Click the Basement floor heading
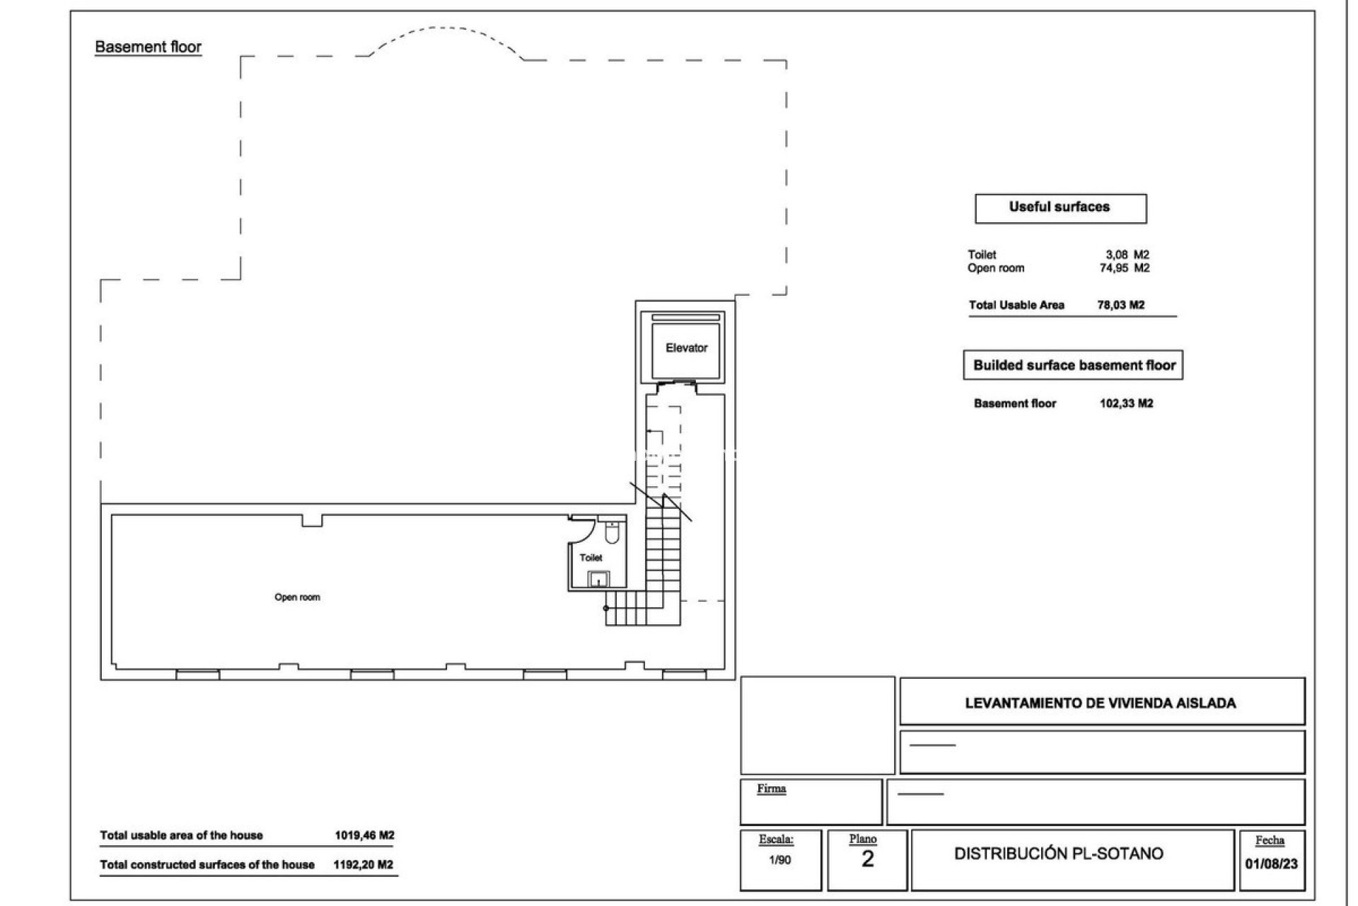[148, 47]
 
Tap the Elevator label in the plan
[686, 348]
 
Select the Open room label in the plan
[297, 597]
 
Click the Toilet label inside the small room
[591, 558]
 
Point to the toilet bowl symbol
[613, 532]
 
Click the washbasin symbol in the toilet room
[599, 579]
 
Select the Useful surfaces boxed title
[1060, 207]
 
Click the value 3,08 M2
[1127, 255]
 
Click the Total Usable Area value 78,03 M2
[1120, 305]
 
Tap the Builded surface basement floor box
[1073, 366]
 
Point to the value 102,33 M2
[1126, 403]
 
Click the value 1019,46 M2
[364, 835]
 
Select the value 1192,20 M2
[364, 864]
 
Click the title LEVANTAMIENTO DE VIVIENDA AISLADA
[1101, 704]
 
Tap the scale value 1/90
[779, 860]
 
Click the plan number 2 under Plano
[867, 859]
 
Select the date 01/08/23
[1271, 864]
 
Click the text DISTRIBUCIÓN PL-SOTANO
[1058, 854]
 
